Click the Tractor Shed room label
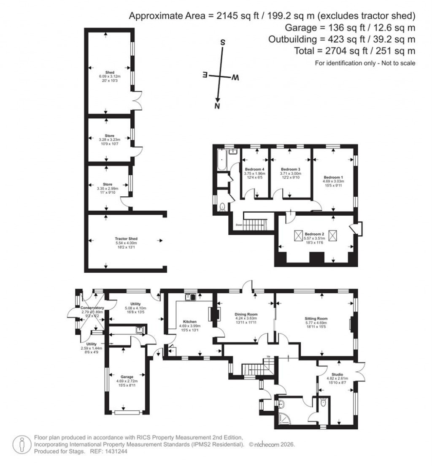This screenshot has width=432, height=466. click(124, 238)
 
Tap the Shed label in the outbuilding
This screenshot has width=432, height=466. click(109, 72)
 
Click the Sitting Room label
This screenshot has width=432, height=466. click(316, 319)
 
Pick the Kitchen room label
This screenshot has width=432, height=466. click(188, 321)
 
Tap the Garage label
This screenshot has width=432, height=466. click(127, 377)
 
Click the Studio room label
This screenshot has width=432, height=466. click(337, 374)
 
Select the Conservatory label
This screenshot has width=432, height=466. click(92, 308)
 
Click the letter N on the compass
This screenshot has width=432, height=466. click(217, 106)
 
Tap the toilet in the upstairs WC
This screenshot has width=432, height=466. click(222, 207)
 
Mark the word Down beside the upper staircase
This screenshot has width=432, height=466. click(239, 225)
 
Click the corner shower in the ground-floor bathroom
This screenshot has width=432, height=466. click(282, 418)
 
